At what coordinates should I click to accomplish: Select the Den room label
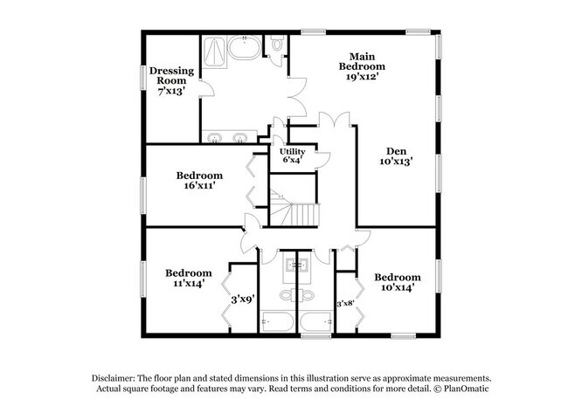[x=396, y=155]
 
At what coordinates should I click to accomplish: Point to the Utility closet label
[x=292, y=155]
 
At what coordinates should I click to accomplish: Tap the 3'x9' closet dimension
[x=242, y=299]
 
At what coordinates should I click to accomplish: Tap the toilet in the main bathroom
[x=276, y=44]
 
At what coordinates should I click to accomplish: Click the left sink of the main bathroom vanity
[x=215, y=135]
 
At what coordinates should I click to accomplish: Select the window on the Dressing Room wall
[x=143, y=77]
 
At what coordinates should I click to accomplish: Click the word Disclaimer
[x=117, y=377]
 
